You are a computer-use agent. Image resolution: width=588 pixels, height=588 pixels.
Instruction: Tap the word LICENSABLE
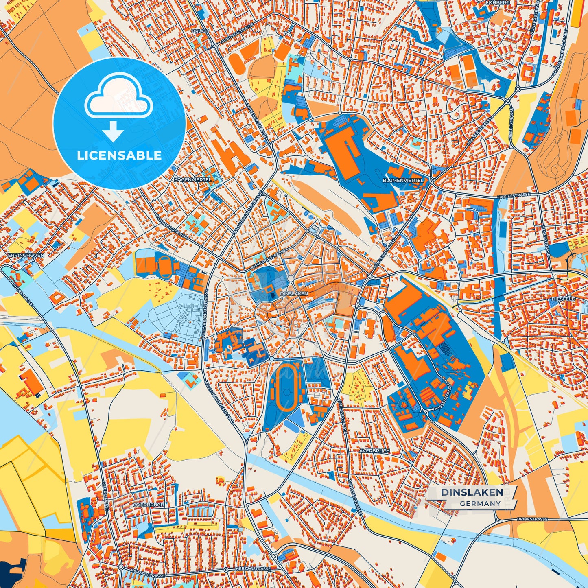click(119, 155)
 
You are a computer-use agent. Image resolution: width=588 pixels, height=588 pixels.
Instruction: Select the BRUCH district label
click(200, 31)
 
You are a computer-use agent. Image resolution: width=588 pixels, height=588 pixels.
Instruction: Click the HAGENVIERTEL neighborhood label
click(192, 179)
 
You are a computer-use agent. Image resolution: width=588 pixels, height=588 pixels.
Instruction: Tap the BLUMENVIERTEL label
click(403, 180)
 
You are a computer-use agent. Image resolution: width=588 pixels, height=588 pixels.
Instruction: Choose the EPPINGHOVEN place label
click(26, 255)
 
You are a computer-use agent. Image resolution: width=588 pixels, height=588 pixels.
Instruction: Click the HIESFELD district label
click(563, 299)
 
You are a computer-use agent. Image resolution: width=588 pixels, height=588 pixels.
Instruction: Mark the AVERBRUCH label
click(374, 451)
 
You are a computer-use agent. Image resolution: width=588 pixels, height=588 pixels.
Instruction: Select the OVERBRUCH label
click(149, 505)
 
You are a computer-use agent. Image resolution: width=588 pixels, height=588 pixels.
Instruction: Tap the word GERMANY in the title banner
click(480, 503)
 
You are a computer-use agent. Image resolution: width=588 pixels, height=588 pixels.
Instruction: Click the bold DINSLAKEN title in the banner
click(472, 492)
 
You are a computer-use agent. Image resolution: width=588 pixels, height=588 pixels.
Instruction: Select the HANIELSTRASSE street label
click(514, 196)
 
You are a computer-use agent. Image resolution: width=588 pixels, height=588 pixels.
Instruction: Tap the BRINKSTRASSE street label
click(532, 519)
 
